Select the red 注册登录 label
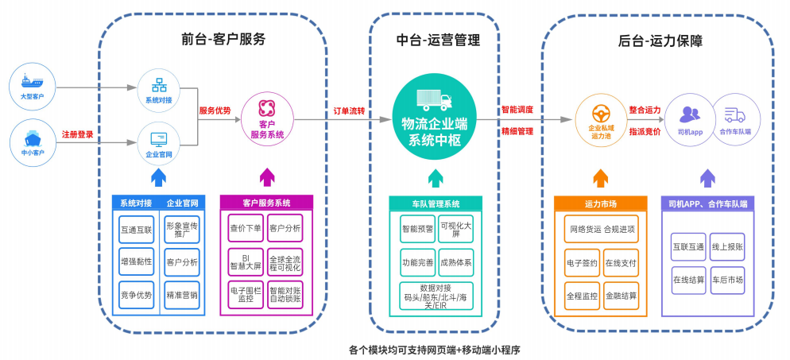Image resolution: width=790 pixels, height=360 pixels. pos(78,134)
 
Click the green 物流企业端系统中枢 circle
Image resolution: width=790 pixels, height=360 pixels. pos(435,118)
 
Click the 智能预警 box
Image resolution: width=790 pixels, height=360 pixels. pos(417,229)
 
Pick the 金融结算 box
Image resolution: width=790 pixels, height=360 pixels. pos(620,295)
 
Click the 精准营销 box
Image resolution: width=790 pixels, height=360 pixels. pos(182,295)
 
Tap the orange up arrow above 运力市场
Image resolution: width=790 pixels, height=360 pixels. pos(600,177)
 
